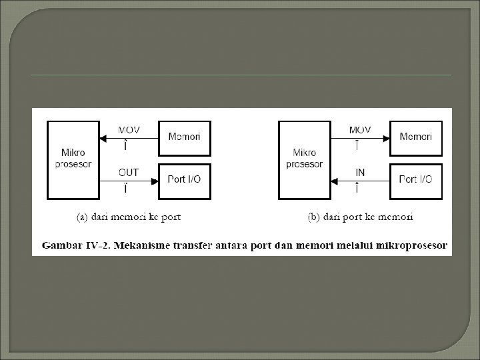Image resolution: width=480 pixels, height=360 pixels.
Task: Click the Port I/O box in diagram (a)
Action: point(184,179)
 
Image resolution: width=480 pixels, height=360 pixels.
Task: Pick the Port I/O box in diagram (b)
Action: point(415,179)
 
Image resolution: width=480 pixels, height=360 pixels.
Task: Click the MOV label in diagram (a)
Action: point(129,129)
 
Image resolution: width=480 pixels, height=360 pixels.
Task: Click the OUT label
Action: point(129,172)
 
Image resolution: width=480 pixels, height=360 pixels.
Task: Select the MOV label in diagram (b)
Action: point(360,129)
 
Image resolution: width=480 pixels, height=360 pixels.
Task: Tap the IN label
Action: point(360,172)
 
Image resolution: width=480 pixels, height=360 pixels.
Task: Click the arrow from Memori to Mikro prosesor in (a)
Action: point(127,139)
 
